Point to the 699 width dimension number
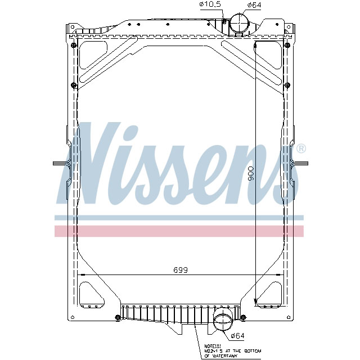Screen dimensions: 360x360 (180, 270)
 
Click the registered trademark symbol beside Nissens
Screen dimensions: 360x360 (301, 148)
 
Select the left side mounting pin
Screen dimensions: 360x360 (60, 164)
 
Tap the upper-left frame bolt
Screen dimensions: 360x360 (74, 85)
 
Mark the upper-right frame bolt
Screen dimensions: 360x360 (287, 85)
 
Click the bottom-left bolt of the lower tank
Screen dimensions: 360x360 (118, 317)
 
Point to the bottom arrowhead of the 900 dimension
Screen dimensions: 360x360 (256, 300)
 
